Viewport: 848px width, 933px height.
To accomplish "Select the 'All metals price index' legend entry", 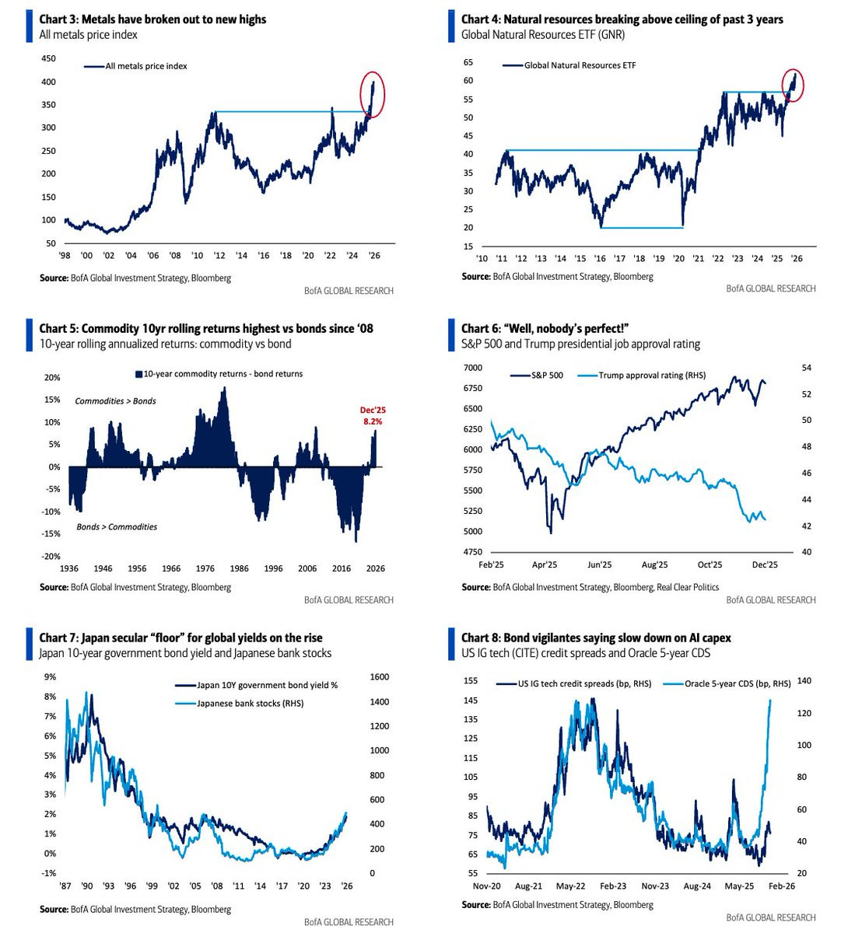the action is tap(135, 66).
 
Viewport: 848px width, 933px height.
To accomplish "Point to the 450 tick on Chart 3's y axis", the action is tap(48, 58).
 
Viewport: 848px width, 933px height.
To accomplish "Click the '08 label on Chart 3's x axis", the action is tap(175, 255).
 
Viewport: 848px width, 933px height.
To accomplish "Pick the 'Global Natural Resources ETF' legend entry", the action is tap(569, 65).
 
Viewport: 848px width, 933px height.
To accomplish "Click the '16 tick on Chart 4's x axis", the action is tap(600, 259).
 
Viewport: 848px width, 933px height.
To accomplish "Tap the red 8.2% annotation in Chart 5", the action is tap(373, 421).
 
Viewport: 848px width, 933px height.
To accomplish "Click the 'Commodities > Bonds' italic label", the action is tap(115, 401).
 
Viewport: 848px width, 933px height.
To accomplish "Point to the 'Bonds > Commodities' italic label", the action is tap(117, 526).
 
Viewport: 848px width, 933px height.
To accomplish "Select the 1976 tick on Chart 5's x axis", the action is tap(205, 568).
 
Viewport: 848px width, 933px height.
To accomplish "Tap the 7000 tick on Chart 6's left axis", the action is tap(473, 368).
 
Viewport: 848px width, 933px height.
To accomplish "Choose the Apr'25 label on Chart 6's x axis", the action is tap(544, 564).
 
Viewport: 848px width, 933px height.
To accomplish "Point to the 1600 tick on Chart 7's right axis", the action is tap(380, 676).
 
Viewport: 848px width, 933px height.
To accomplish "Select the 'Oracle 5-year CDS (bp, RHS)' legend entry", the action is tap(727, 683).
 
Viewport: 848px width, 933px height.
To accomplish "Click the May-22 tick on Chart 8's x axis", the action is tap(570, 886).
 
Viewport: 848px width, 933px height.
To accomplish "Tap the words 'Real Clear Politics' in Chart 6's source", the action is tap(688, 587).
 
